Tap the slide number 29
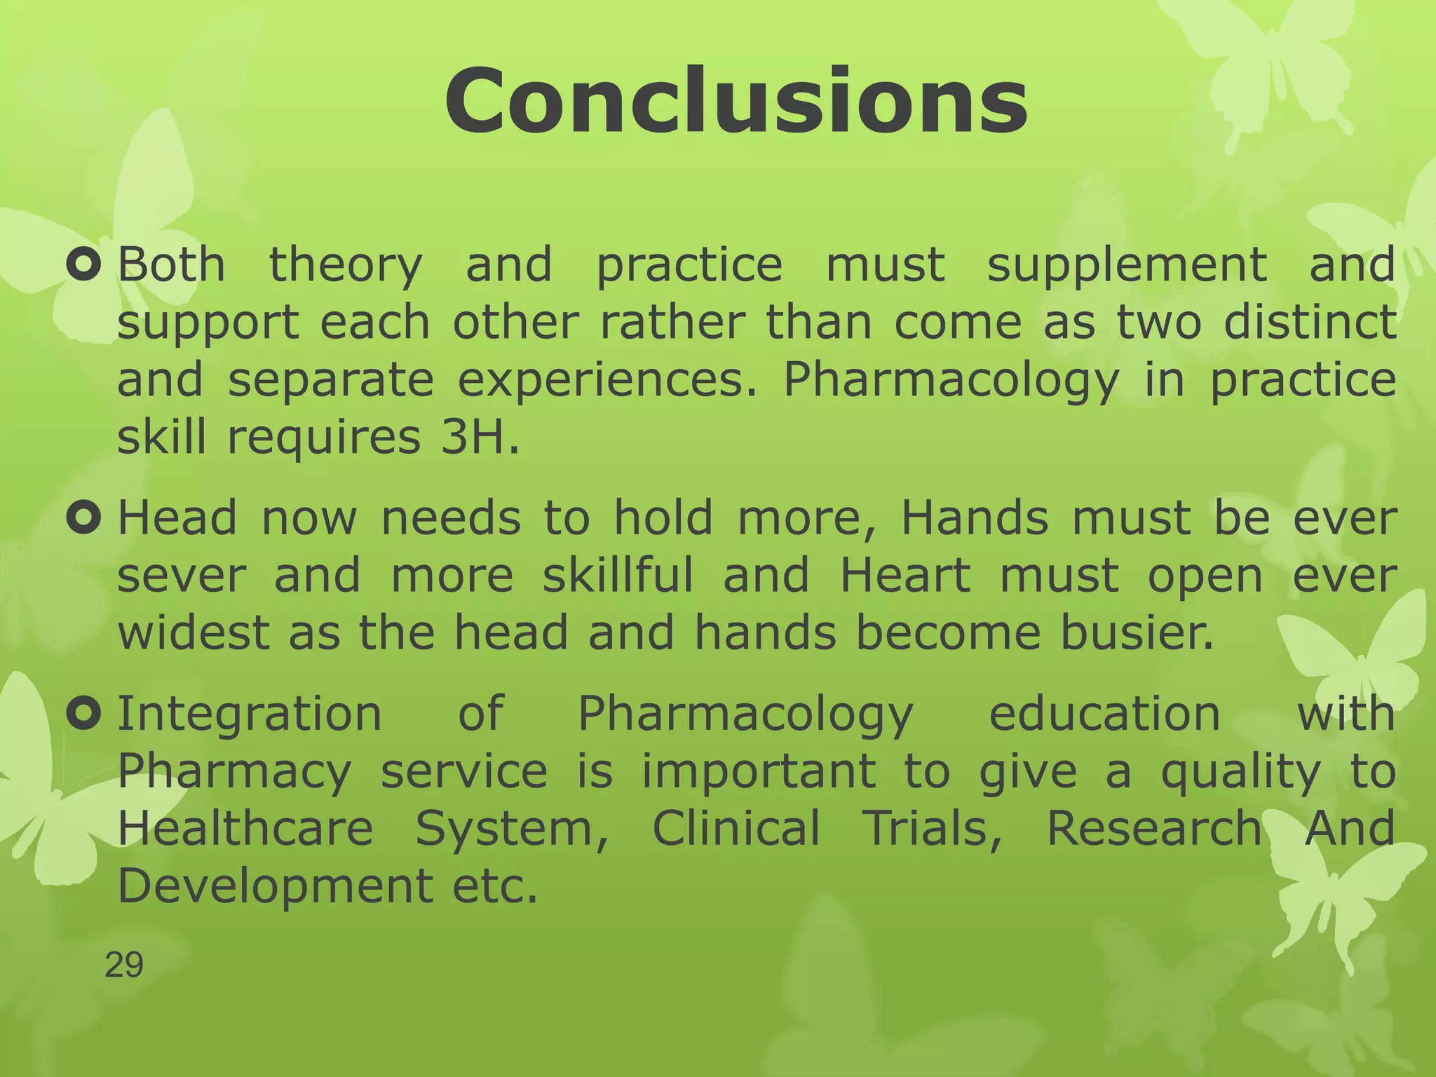click(x=124, y=965)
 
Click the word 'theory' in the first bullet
click(x=346, y=266)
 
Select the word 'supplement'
click(x=1127, y=266)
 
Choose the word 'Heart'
click(x=905, y=576)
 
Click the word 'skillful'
click(x=618, y=576)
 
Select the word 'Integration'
click(x=250, y=714)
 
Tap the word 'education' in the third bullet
click(x=1104, y=714)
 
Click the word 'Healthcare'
click(x=245, y=828)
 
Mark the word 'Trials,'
click(x=933, y=828)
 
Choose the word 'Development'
click(x=275, y=886)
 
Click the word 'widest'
click(x=193, y=632)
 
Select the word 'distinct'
click(x=1310, y=323)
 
